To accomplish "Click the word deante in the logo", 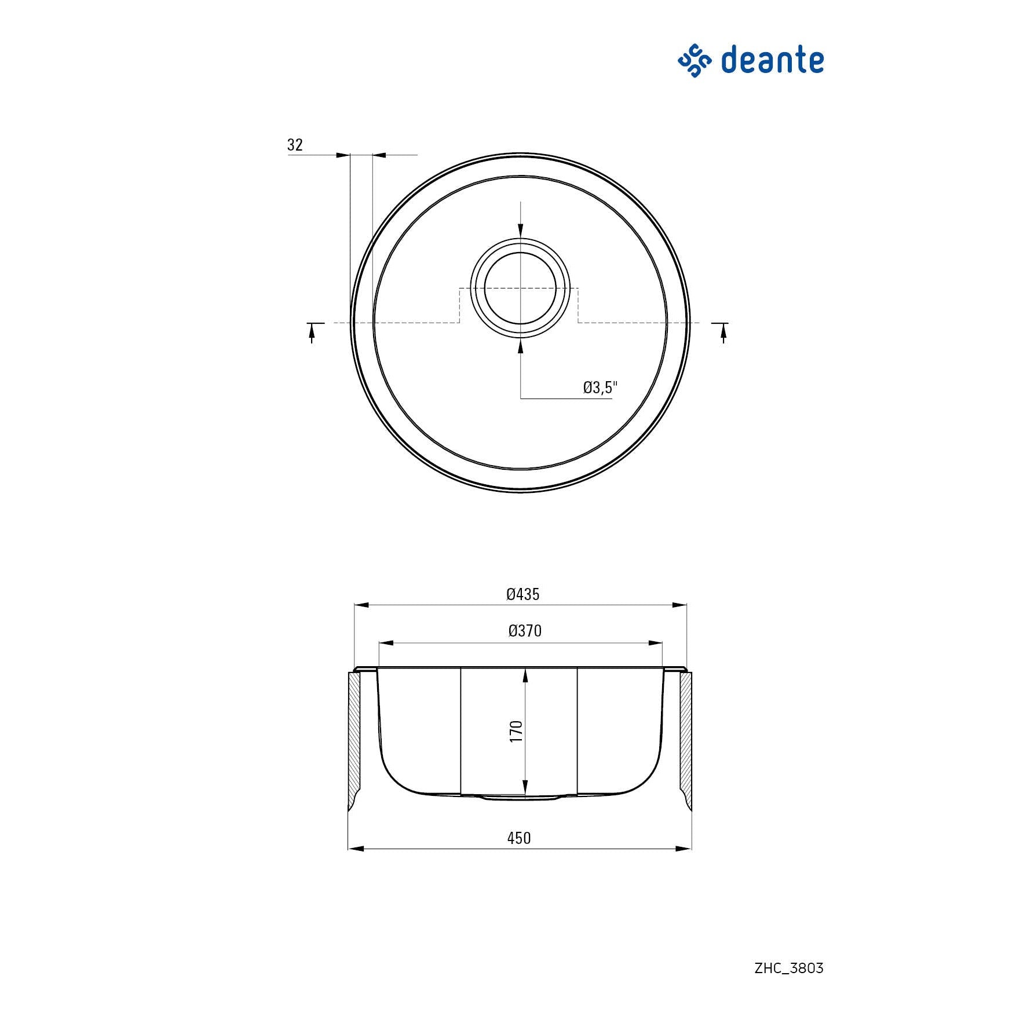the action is click(x=772, y=60).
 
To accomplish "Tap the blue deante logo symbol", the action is click(x=695, y=61).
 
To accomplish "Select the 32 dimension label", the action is click(x=295, y=144).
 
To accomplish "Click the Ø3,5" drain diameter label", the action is click(x=601, y=387).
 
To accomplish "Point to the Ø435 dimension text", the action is click(x=523, y=594).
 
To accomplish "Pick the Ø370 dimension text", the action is click(x=525, y=631).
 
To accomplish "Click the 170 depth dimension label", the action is click(x=516, y=732).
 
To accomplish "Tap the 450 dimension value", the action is click(x=519, y=838).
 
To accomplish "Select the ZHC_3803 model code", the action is click(x=789, y=968).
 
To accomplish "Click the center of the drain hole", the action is click(x=520, y=288).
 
